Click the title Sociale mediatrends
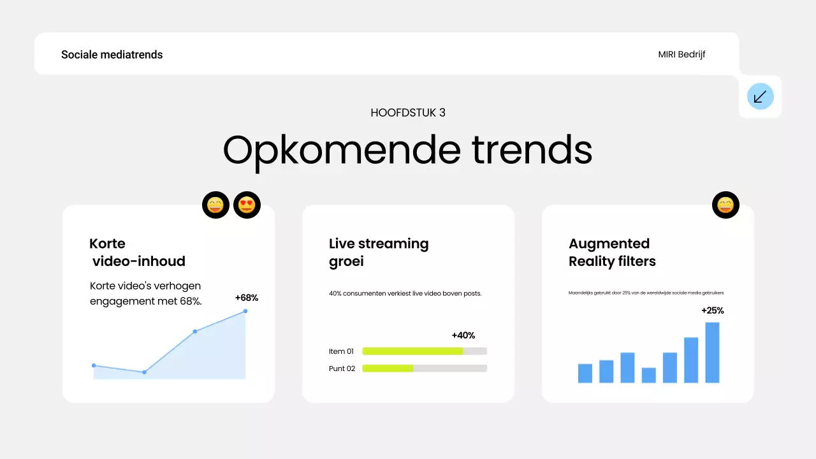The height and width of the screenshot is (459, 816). tap(112, 55)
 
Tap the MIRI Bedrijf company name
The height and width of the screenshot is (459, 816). tap(681, 55)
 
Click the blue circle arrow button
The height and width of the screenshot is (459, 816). tap(760, 96)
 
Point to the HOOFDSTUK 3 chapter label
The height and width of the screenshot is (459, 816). tap(408, 113)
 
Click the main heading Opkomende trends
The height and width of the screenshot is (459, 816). tap(408, 150)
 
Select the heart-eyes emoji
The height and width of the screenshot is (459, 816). tap(247, 205)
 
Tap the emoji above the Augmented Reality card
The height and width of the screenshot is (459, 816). tap(725, 205)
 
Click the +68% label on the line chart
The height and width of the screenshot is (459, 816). tap(247, 298)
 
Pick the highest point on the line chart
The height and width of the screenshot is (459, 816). tap(245, 311)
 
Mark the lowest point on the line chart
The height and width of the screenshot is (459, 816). tap(144, 372)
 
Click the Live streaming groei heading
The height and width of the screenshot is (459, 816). tap(379, 252)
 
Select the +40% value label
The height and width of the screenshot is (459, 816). tap(463, 335)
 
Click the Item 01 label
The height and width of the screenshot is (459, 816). tap(341, 351)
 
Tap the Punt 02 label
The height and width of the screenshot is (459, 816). tap(342, 368)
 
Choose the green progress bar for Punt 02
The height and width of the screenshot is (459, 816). tap(388, 368)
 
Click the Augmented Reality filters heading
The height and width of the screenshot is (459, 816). tap(612, 252)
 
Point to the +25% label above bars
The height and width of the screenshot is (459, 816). tap(713, 310)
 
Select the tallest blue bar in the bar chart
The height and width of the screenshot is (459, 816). tap(712, 353)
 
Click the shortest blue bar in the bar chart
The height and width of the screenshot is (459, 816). tap(648, 375)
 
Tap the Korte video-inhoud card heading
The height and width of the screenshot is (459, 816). tap(138, 252)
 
